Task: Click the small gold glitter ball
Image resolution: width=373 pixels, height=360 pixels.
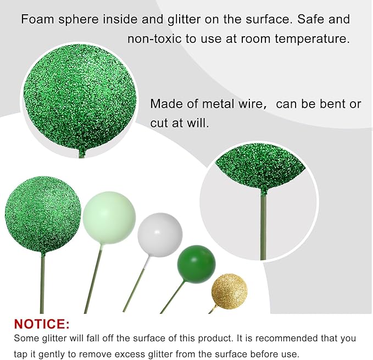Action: tap(230, 291)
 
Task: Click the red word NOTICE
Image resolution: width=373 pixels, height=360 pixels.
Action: tap(42, 324)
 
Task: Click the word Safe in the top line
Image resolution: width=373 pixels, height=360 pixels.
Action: tap(305, 20)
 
